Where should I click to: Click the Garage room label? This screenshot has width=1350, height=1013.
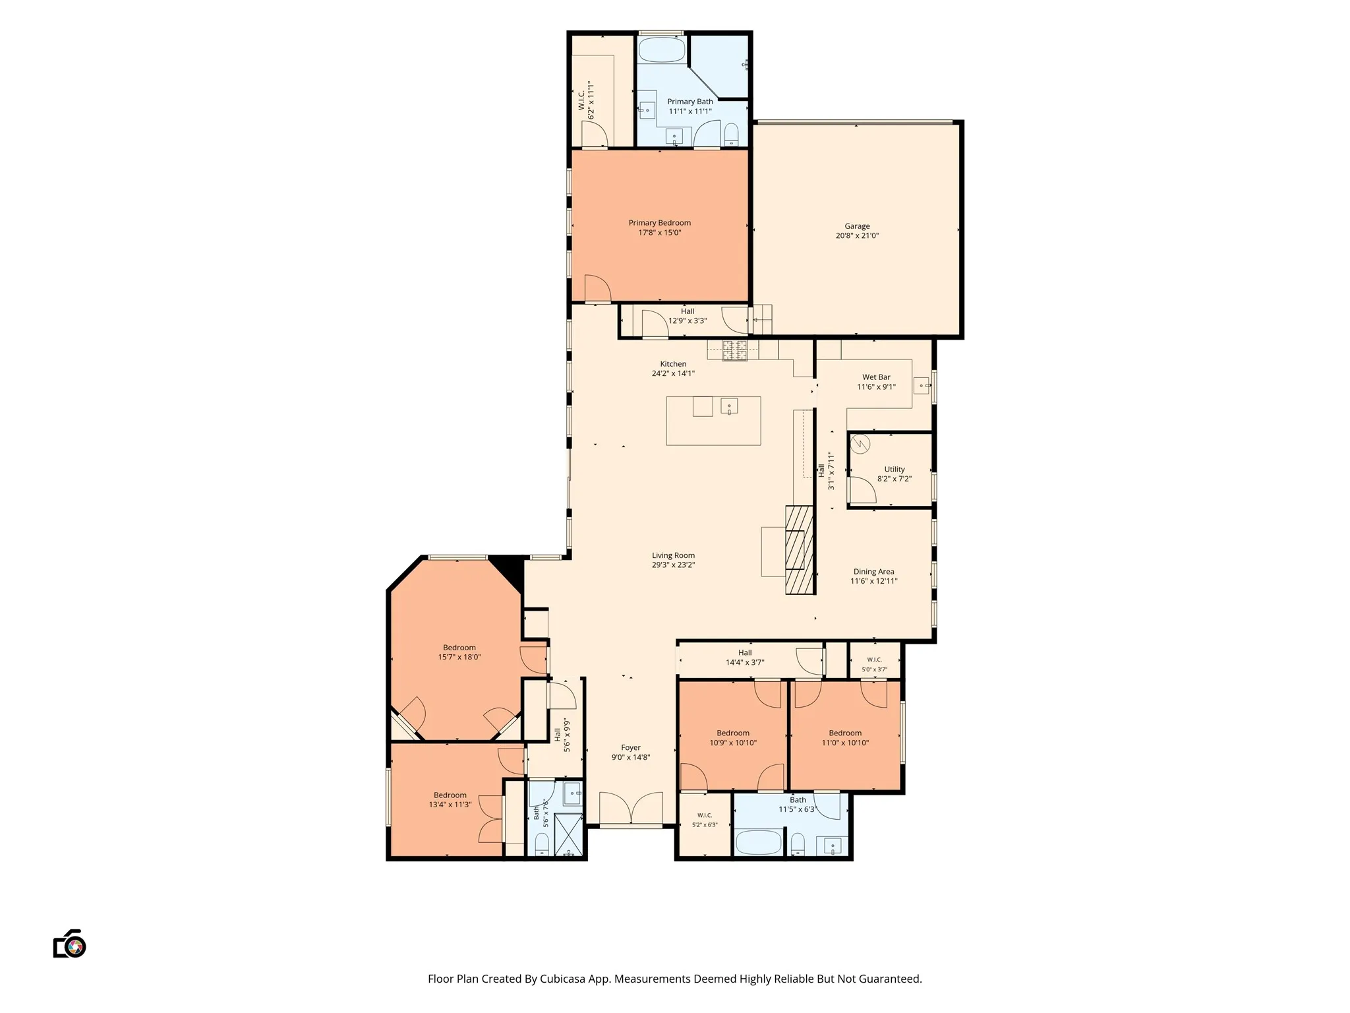(x=857, y=226)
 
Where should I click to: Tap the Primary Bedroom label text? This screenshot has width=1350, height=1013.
(x=659, y=223)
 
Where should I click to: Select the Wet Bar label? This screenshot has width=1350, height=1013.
(x=876, y=377)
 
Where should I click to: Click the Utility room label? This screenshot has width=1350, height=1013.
(x=895, y=470)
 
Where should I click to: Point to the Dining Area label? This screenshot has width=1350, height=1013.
(x=874, y=572)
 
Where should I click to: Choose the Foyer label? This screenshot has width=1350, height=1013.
(x=631, y=748)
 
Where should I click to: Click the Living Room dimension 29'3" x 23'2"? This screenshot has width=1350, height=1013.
(x=674, y=565)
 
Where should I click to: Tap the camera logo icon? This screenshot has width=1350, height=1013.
(x=70, y=944)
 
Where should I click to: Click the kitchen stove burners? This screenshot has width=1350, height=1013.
(x=734, y=351)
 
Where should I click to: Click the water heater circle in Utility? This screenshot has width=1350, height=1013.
(x=860, y=445)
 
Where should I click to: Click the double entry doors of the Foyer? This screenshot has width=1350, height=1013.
(x=631, y=808)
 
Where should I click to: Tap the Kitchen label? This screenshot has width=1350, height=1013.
(x=673, y=364)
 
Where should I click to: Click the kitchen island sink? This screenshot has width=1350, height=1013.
(x=729, y=406)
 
